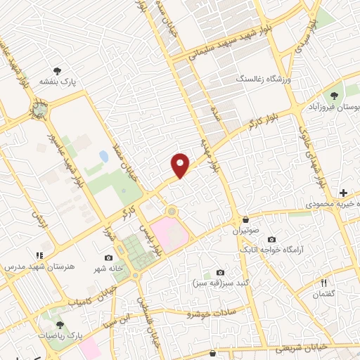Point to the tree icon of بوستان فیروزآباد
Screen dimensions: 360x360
pos(333,96)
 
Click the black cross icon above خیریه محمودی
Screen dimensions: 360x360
pos(343,192)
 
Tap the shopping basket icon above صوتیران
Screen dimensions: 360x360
pos(245,219)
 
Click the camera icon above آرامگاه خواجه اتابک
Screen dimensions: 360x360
pos(271,240)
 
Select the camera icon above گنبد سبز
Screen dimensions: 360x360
pos(220,273)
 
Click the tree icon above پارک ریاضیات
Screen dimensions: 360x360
pos(60,326)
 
